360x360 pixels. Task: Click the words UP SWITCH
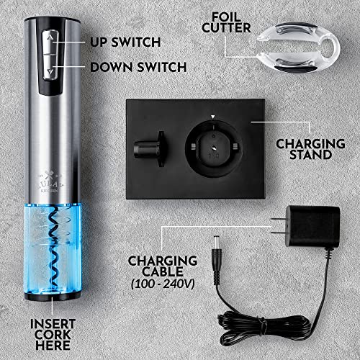pyautogui.click(x=125, y=42)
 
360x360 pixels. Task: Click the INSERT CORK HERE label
pyautogui.click(x=52, y=332)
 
